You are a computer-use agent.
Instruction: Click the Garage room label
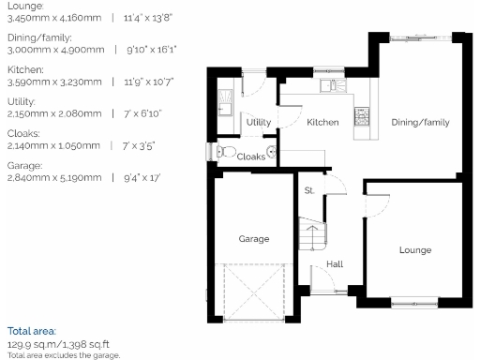[253, 239]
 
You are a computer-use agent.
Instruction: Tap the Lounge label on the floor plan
[414, 250]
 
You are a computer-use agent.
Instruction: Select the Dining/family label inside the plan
[420, 123]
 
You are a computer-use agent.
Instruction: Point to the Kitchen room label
[322, 123]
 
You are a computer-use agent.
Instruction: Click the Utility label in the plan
[259, 123]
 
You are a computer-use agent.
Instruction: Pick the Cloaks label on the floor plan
[250, 157]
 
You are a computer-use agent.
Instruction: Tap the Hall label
[334, 265]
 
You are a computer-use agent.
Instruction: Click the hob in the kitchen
[360, 117]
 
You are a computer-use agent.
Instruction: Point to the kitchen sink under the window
[328, 86]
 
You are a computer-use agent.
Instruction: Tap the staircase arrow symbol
[310, 231]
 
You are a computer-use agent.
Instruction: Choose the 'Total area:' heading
[32, 331]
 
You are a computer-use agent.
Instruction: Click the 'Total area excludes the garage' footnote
[64, 354]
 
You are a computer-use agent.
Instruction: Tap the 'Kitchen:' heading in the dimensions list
[23, 70]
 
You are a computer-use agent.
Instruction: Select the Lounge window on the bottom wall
[415, 300]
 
